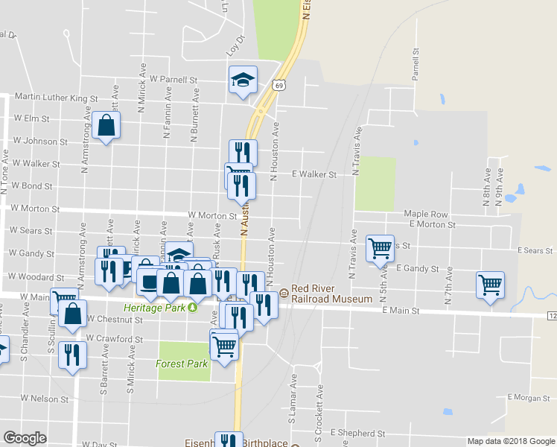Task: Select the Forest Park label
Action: coord(182,364)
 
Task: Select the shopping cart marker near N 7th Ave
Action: coord(491,285)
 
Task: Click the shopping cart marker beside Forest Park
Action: coord(224,344)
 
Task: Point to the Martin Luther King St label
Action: coord(57,98)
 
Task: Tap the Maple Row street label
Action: coord(426,214)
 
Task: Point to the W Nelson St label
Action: coord(45,399)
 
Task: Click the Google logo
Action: coord(25,438)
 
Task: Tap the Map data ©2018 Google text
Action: coord(511,441)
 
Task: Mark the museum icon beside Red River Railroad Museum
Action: coord(283,294)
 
